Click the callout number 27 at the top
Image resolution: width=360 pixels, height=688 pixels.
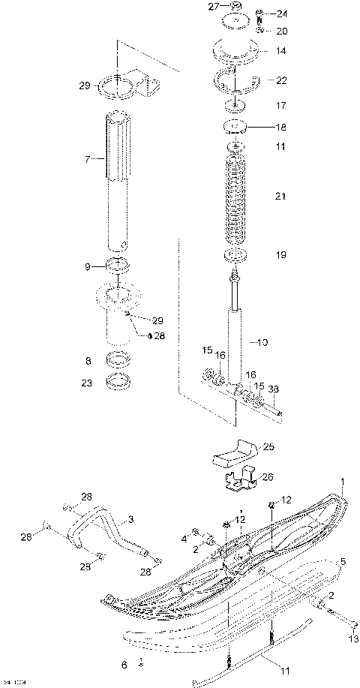pos(212,6)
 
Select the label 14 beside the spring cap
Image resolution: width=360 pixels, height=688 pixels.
pos(280,51)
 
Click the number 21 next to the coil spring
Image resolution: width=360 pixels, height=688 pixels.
pos(280,197)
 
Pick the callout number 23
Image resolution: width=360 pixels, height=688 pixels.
pos(87,383)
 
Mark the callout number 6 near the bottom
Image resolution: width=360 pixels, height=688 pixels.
pos(124,665)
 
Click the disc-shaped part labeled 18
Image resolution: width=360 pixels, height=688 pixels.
pos(236,126)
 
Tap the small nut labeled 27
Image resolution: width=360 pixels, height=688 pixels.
pos(235,8)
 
